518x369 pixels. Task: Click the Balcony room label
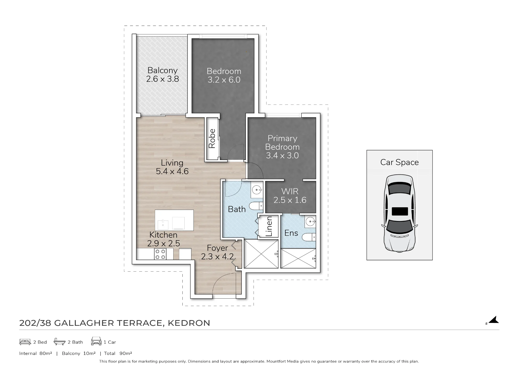[x=162, y=70]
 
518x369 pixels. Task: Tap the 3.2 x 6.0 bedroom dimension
[x=224, y=80]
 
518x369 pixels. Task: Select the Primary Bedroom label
[x=282, y=143]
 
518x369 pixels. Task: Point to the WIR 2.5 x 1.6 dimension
[x=290, y=200]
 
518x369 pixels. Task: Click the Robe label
[x=212, y=138]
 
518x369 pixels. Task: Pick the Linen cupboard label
[x=269, y=226]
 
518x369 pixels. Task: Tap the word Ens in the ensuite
[x=291, y=233]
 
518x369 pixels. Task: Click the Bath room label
[x=237, y=209]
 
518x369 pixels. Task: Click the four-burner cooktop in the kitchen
[x=160, y=254]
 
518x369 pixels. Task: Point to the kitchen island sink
[x=163, y=225]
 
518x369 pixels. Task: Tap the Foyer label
[x=218, y=248]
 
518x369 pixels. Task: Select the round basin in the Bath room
[x=257, y=190]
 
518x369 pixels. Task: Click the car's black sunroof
[x=400, y=211]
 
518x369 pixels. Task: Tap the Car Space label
[x=399, y=162]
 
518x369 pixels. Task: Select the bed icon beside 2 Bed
[x=25, y=342]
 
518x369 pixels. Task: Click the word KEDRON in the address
[x=189, y=323]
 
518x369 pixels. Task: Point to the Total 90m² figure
[x=118, y=353]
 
